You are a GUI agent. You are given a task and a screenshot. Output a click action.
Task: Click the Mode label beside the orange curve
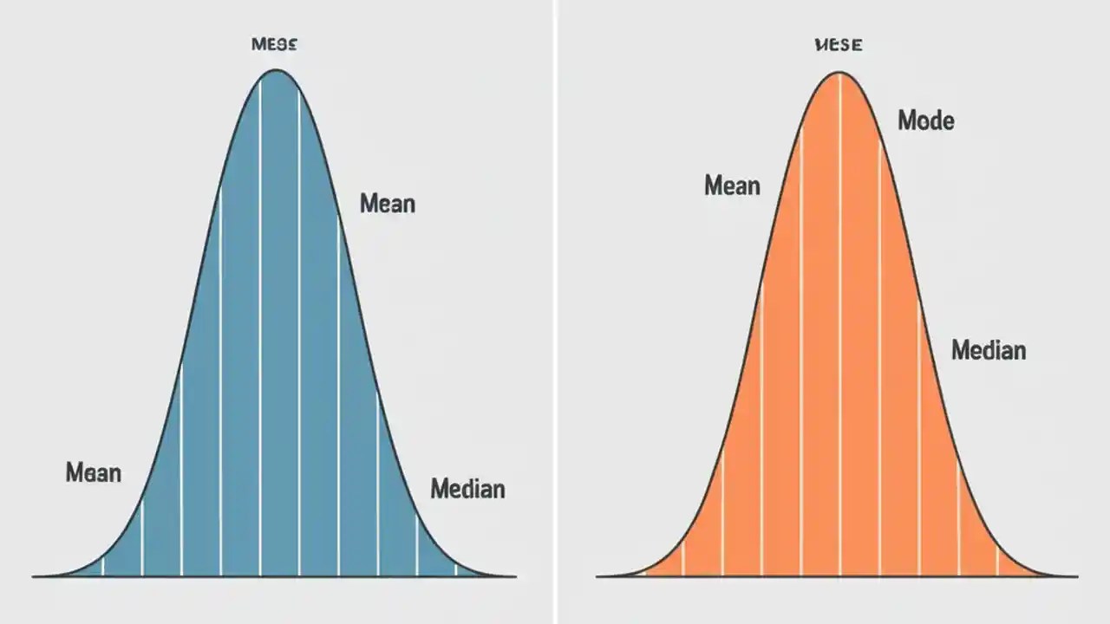click(x=925, y=120)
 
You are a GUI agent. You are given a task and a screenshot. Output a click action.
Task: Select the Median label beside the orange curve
click(x=988, y=350)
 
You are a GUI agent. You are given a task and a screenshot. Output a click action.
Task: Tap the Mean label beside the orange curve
click(x=732, y=185)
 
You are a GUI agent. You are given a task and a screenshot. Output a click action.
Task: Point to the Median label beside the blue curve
click(x=467, y=489)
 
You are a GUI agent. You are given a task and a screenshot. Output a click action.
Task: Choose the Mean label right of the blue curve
click(x=387, y=204)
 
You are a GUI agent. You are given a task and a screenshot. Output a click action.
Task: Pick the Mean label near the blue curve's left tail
click(x=93, y=473)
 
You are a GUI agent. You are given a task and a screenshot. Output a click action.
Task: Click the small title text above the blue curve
click(x=274, y=45)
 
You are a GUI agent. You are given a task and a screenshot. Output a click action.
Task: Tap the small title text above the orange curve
click(x=839, y=45)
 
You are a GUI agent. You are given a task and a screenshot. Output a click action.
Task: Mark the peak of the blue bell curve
click(x=276, y=70)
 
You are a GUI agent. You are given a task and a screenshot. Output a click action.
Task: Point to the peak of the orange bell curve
click(x=839, y=73)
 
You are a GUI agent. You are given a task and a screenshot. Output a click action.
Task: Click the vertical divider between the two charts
click(x=555, y=312)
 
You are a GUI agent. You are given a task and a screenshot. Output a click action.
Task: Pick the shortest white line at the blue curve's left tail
click(x=102, y=566)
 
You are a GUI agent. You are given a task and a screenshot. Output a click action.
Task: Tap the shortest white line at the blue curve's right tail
click(x=456, y=569)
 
